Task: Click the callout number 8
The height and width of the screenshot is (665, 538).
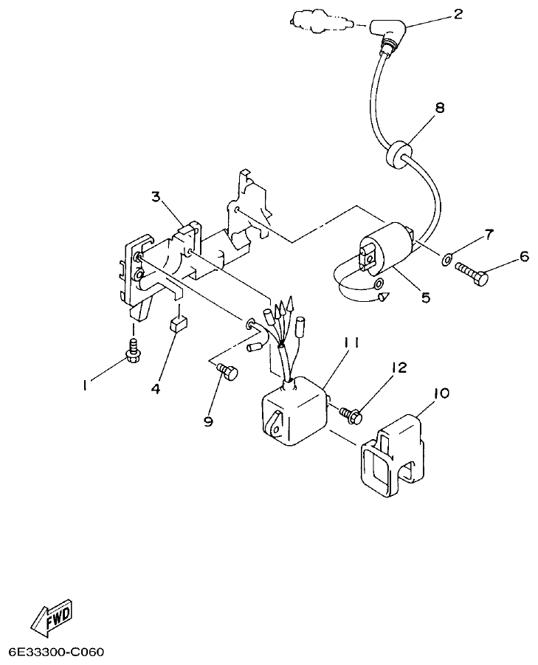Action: pyautogui.click(x=440, y=107)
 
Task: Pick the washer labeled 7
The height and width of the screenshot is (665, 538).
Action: pyautogui.click(x=447, y=259)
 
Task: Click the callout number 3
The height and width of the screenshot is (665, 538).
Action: pyautogui.click(x=156, y=196)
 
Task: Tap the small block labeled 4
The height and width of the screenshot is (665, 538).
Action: pyautogui.click(x=179, y=323)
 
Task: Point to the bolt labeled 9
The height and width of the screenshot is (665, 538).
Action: pyautogui.click(x=227, y=373)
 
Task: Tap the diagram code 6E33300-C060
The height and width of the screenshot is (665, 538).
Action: pyautogui.click(x=56, y=653)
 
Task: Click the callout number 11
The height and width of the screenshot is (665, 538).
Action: pyautogui.click(x=351, y=342)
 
